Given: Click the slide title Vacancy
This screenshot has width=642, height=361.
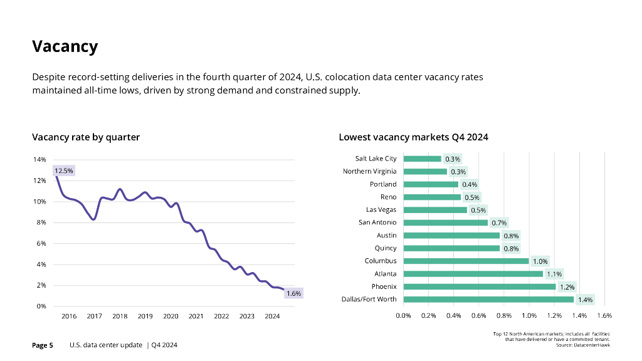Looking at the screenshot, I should coord(65,46).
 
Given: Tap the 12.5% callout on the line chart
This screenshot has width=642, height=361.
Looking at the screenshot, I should coord(64,170).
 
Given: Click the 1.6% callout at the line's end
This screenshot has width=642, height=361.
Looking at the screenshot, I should coord(293,293).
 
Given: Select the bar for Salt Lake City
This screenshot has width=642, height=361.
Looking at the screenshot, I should coord(422,159).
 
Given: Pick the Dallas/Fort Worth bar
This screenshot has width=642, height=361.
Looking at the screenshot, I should coord(488,299).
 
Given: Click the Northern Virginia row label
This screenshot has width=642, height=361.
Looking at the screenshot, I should coord(369,171).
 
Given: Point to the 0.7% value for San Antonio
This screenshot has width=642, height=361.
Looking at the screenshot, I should coord(499,222).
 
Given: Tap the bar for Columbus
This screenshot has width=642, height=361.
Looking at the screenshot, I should coord(466,261).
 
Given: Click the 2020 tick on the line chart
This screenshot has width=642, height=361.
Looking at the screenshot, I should coord(171,317).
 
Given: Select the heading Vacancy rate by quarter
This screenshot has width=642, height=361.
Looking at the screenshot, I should coord(86,137).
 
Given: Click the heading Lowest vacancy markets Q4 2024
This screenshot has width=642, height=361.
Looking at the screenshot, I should coord(413,137).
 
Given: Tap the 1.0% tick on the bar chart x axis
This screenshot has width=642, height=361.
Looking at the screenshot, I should coord(529,316).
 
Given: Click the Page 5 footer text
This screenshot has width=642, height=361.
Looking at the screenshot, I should coord(43,345).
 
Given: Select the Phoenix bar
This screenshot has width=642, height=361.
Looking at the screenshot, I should coord(479,286).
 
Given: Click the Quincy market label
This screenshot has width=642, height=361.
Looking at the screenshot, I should coord(385,248).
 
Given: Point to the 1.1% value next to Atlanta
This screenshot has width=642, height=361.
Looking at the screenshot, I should coord(554,274).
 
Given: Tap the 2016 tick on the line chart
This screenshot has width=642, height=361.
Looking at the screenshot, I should coord(69,317).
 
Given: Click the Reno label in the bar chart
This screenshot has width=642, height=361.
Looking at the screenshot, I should coord(388,197).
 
